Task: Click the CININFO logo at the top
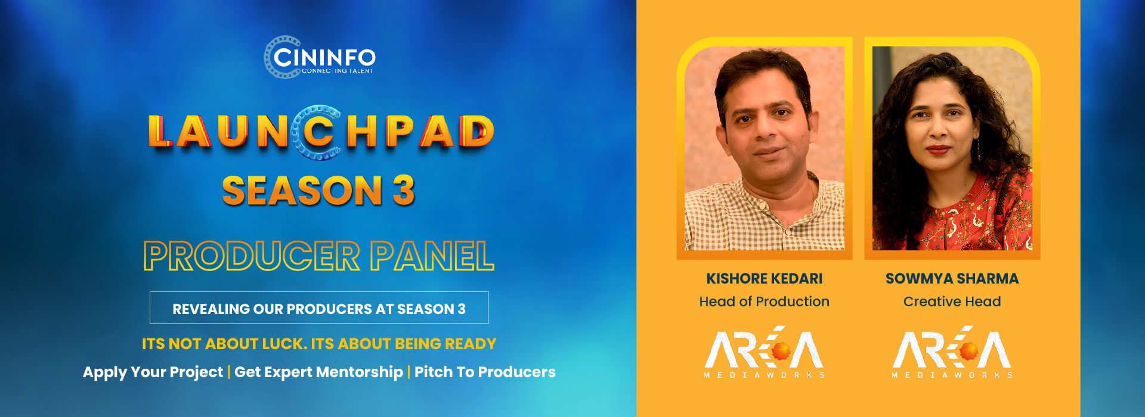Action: coord(320,57)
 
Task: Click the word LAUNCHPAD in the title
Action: coord(321,132)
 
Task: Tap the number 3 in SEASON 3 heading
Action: coord(404,191)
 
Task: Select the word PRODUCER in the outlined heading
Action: coord(252,256)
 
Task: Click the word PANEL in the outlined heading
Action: coord(432,256)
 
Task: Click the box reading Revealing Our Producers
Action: coord(319,308)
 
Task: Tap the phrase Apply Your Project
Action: coord(153,372)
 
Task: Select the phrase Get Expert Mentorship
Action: coord(318,372)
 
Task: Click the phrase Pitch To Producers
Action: coord(485,372)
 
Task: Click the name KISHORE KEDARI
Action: coord(765,279)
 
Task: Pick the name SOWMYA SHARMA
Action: coord(952,279)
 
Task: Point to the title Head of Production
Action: coord(765,301)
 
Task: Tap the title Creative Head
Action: coord(952,301)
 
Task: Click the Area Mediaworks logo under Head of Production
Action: coord(765,353)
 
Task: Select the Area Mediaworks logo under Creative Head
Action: coord(952,353)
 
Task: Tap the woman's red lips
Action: coord(937,149)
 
